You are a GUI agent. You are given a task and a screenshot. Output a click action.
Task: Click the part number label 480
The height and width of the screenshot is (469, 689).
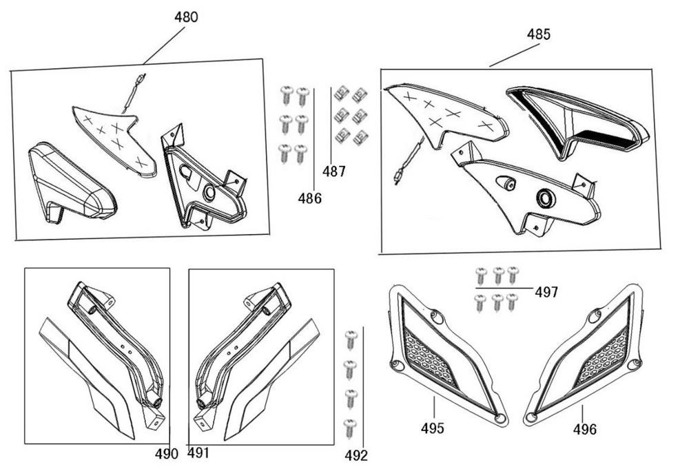point(186,17)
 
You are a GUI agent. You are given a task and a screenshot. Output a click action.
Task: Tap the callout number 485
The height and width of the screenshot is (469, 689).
point(539,34)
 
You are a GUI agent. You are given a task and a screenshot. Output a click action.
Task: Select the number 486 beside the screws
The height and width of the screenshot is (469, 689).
point(310,198)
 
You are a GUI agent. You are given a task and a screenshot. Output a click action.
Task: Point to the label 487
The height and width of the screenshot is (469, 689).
point(334,172)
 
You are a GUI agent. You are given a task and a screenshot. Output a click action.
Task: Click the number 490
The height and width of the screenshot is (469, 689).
point(166,453)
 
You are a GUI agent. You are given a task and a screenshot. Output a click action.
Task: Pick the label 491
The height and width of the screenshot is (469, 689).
point(198,453)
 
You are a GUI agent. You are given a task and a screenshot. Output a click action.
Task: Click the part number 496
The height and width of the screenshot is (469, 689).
point(584,430)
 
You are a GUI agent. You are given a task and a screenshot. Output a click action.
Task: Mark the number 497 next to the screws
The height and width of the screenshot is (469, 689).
point(546,293)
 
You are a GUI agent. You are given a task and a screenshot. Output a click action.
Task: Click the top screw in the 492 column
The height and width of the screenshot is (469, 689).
point(351,337)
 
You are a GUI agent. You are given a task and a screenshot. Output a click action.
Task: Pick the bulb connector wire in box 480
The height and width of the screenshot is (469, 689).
point(134,90)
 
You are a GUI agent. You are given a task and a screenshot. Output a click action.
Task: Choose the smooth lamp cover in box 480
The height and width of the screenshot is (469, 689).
point(69,182)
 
